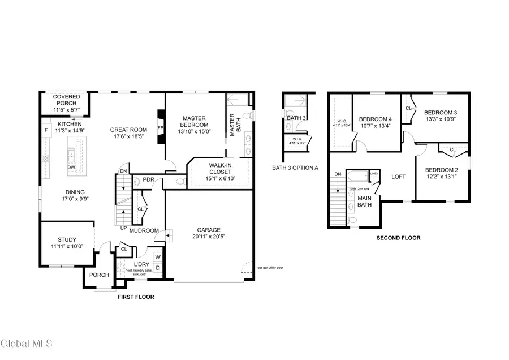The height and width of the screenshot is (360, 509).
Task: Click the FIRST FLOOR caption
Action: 135,297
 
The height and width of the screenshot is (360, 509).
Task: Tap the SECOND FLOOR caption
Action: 398,238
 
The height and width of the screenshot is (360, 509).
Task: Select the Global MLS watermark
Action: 27,343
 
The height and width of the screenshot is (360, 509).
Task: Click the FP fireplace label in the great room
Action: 160,128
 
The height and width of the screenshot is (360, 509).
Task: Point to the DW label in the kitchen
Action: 72,168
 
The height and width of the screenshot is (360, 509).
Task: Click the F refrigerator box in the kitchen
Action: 46,130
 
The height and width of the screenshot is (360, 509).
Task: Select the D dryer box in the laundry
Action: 158,268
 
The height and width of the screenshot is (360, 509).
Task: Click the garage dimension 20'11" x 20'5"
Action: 209,238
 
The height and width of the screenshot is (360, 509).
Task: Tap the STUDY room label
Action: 67,239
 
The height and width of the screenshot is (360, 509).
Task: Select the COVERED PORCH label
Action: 67,100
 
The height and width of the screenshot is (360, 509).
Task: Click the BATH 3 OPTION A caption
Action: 295,168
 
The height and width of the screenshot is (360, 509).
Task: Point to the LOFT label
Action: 399,177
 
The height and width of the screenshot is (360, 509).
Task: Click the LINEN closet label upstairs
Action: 374,174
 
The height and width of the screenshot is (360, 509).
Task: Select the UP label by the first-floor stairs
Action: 123,228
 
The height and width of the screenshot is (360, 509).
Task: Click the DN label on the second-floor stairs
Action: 338,174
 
